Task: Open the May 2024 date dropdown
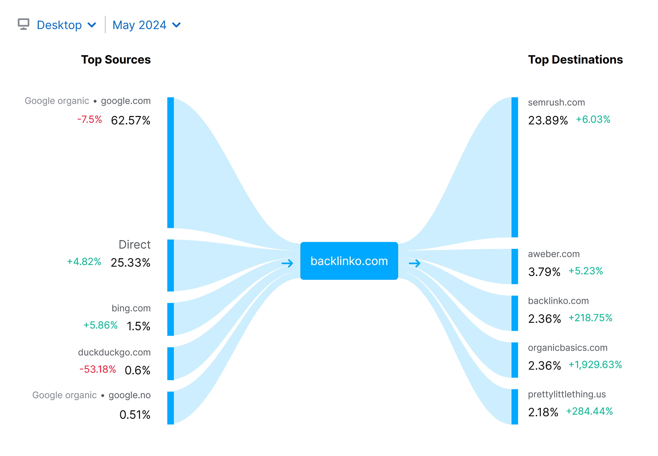(x=146, y=25)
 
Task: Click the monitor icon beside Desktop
(x=23, y=24)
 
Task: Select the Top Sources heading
(x=116, y=60)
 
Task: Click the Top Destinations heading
(x=575, y=60)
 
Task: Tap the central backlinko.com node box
(x=349, y=261)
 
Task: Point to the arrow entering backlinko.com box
(x=287, y=263)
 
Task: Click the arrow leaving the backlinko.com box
(x=414, y=263)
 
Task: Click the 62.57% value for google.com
(x=131, y=120)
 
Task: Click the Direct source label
(x=134, y=244)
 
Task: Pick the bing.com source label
(x=131, y=308)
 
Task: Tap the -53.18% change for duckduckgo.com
(x=98, y=369)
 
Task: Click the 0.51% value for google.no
(x=135, y=415)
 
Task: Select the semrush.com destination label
(x=556, y=102)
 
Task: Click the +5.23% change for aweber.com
(x=586, y=271)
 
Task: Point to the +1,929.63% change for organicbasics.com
(x=595, y=365)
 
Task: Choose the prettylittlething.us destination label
(x=567, y=394)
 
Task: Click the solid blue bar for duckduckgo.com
(x=171, y=364)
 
